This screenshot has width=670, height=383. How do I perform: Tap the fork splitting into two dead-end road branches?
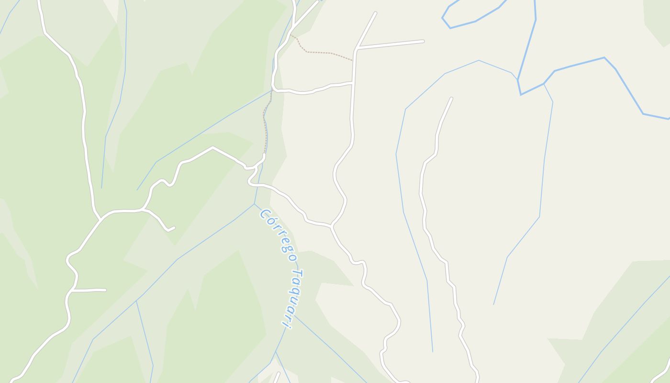(x=357, y=48)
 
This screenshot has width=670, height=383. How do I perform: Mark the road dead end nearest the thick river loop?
(x=423, y=41)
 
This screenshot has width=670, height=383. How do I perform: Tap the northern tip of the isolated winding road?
(x=451, y=99)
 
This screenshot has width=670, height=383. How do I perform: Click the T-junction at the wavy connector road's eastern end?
(x=353, y=83)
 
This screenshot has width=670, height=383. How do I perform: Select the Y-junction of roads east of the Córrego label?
(x=331, y=225)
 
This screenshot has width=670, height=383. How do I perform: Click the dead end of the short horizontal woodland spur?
(x=105, y=290)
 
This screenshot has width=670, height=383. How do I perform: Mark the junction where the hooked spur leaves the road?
(x=143, y=209)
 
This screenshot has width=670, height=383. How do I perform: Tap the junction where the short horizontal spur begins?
(x=71, y=290)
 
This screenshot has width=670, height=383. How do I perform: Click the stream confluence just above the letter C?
(x=254, y=204)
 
